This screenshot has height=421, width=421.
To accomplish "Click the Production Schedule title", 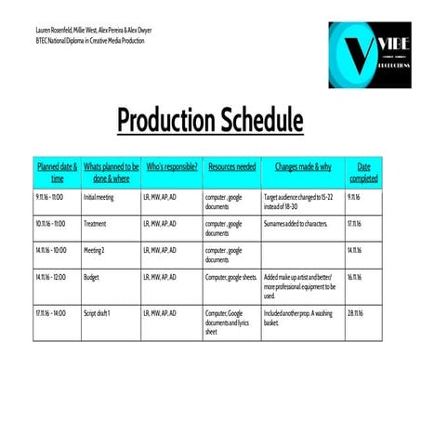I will [x=210, y=121].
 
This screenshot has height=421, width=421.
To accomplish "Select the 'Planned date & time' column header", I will [x=57, y=172].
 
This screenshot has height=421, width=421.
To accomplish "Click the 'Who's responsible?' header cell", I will [x=172, y=167].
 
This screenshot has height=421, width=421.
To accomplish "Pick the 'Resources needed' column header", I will [x=232, y=167].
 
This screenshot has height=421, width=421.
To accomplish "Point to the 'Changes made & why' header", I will [x=303, y=167].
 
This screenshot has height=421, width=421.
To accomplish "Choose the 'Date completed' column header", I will [x=363, y=172].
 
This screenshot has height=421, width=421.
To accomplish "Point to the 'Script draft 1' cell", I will [x=98, y=313].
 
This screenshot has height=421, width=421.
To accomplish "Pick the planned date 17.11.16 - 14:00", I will [x=51, y=313].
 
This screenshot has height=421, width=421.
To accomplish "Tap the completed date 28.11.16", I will [x=356, y=313].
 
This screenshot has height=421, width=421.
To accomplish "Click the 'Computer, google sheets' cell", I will [x=230, y=277].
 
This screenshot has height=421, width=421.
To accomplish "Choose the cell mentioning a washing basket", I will [x=301, y=318].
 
